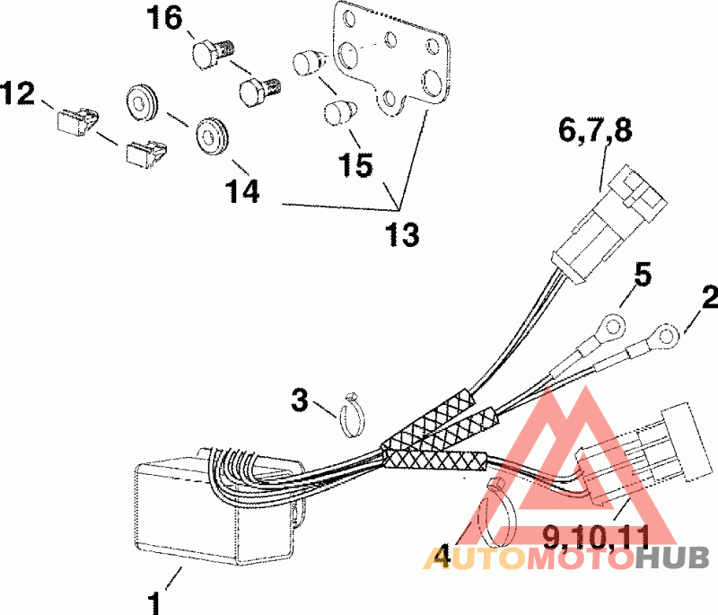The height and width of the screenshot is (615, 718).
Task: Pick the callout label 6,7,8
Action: coord(595,131)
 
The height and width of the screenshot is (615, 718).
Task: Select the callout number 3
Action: coord(300,399)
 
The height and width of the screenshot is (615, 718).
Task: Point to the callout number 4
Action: coord(439,557)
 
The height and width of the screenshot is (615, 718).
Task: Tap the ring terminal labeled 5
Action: coord(611,322)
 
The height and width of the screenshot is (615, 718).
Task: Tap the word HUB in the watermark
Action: coord(672,558)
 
